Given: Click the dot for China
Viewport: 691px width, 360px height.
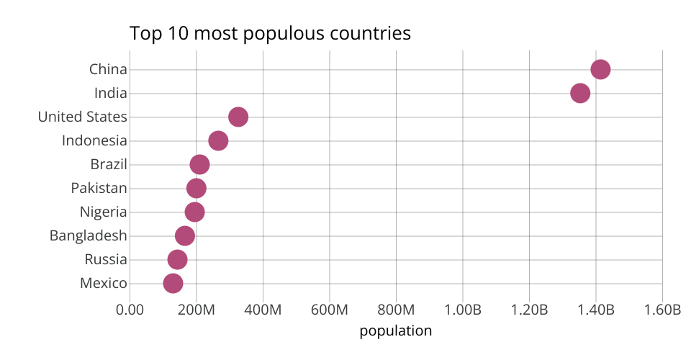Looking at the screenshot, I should pyautogui.click(x=600, y=69).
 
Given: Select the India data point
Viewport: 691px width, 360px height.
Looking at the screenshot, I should pyautogui.click(x=580, y=93).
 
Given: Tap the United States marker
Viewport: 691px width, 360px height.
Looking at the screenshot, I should pyautogui.click(x=238, y=117).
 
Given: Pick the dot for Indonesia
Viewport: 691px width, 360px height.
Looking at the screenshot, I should pyautogui.click(x=218, y=140).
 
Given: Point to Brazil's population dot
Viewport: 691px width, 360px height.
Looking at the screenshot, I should pyautogui.click(x=199, y=164).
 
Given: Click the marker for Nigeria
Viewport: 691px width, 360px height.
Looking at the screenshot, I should pyautogui.click(x=194, y=212).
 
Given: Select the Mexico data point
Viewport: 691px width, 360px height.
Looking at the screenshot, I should pyautogui.click(x=173, y=283).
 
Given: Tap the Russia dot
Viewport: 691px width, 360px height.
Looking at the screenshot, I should pyautogui.click(x=177, y=259).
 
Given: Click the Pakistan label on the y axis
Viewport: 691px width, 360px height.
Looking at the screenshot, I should pyautogui.click(x=99, y=189).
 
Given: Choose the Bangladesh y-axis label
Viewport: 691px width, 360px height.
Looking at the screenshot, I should pyautogui.click(x=88, y=235).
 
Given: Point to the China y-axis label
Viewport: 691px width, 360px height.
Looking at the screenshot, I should pyautogui.click(x=108, y=70).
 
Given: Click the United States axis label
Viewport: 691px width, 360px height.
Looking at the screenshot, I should pyautogui.click(x=82, y=117).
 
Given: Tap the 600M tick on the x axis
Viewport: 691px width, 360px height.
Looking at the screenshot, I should pyautogui.click(x=330, y=310).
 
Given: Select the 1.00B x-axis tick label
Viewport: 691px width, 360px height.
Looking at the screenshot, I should pyautogui.click(x=463, y=310).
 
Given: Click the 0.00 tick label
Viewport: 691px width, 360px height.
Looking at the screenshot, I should pyautogui.click(x=130, y=310).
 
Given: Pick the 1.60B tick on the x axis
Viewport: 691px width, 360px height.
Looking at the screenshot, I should pyautogui.click(x=662, y=310).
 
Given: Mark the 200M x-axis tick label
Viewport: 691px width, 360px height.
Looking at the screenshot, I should pyautogui.click(x=197, y=310).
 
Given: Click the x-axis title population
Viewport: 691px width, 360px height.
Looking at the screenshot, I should pyautogui.click(x=395, y=331).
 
